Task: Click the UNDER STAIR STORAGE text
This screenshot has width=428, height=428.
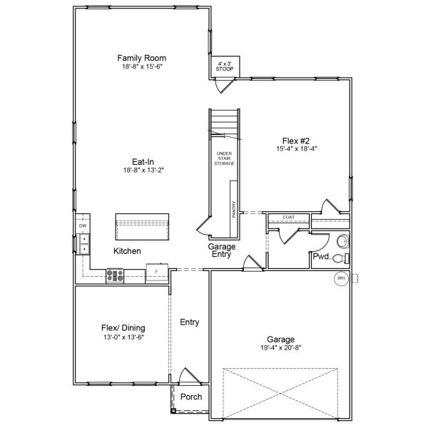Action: (224, 158)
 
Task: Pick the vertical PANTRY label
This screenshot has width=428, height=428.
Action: (233, 208)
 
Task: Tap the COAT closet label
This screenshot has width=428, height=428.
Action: (288, 217)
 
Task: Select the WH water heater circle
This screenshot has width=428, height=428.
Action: (341, 278)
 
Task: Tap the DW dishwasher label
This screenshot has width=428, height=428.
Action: (83, 226)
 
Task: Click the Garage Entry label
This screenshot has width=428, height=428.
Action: (222, 250)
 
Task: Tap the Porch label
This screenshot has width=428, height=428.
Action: (190, 397)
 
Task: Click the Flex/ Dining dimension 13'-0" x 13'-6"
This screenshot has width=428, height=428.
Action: (123, 337)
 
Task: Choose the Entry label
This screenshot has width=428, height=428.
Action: (189, 322)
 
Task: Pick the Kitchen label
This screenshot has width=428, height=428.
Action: (127, 251)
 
